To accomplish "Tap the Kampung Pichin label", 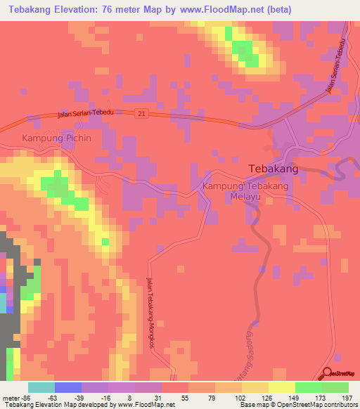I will pyautogui.click(x=57, y=138).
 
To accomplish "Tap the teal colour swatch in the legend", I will pyautogui.click(x=41, y=387).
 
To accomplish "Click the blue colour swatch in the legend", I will pyautogui.click(x=68, y=387).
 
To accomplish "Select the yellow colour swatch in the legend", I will pyautogui.click(x=282, y=387).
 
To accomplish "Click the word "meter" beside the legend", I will pyautogui.click(x=11, y=397).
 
